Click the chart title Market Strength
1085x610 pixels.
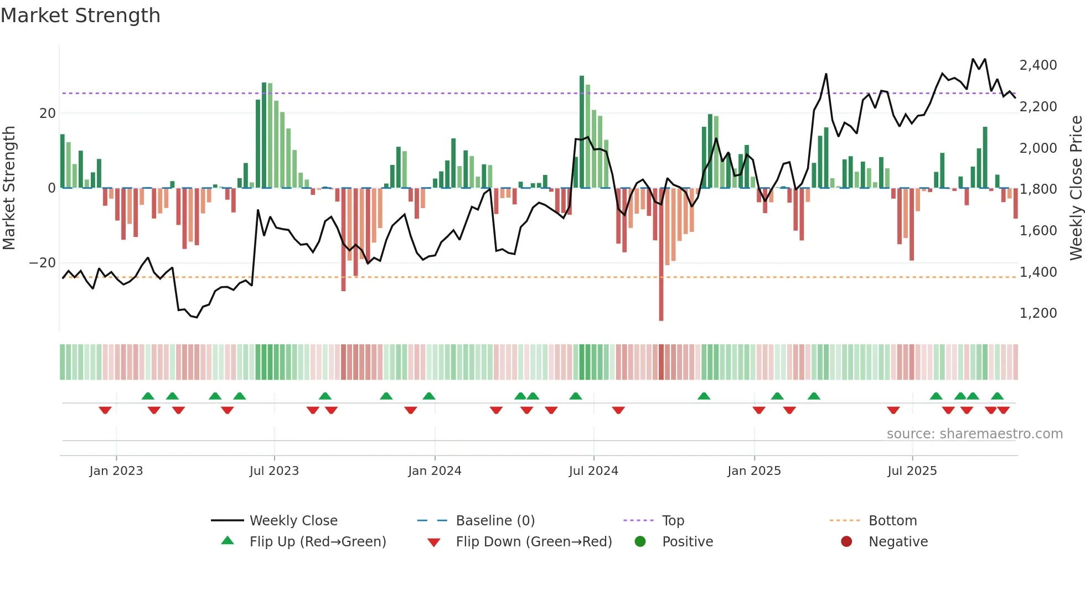(x=80, y=15)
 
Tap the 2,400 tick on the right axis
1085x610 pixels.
(x=1038, y=65)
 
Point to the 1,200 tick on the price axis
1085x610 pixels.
(x=1038, y=313)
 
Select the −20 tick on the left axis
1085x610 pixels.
(x=43, y=263)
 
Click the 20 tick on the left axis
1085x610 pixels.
(x=48, y=113)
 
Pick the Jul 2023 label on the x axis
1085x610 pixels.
(x=274, y=471)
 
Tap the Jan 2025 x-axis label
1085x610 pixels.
(x=754, y=471)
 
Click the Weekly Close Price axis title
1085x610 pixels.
(x=1076, y=188)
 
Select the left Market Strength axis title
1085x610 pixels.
(x=9, y=188)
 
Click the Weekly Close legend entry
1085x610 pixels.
(x=293, y=521)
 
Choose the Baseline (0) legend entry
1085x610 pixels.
(x=495, y=521)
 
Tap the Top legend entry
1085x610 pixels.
(x=673, y=521)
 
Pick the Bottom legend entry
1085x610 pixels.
(x=892, y=521)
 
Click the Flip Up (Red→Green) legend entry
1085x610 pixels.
(x=317, y=542)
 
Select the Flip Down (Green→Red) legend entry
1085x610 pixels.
(x=534, y=542)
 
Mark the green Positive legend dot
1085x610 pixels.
(x=640, y=541)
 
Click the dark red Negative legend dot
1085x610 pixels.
(x=846, y=541)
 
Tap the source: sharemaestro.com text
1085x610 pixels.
(x=974, y=434)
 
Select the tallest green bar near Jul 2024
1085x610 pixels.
(x=582, y=133)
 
